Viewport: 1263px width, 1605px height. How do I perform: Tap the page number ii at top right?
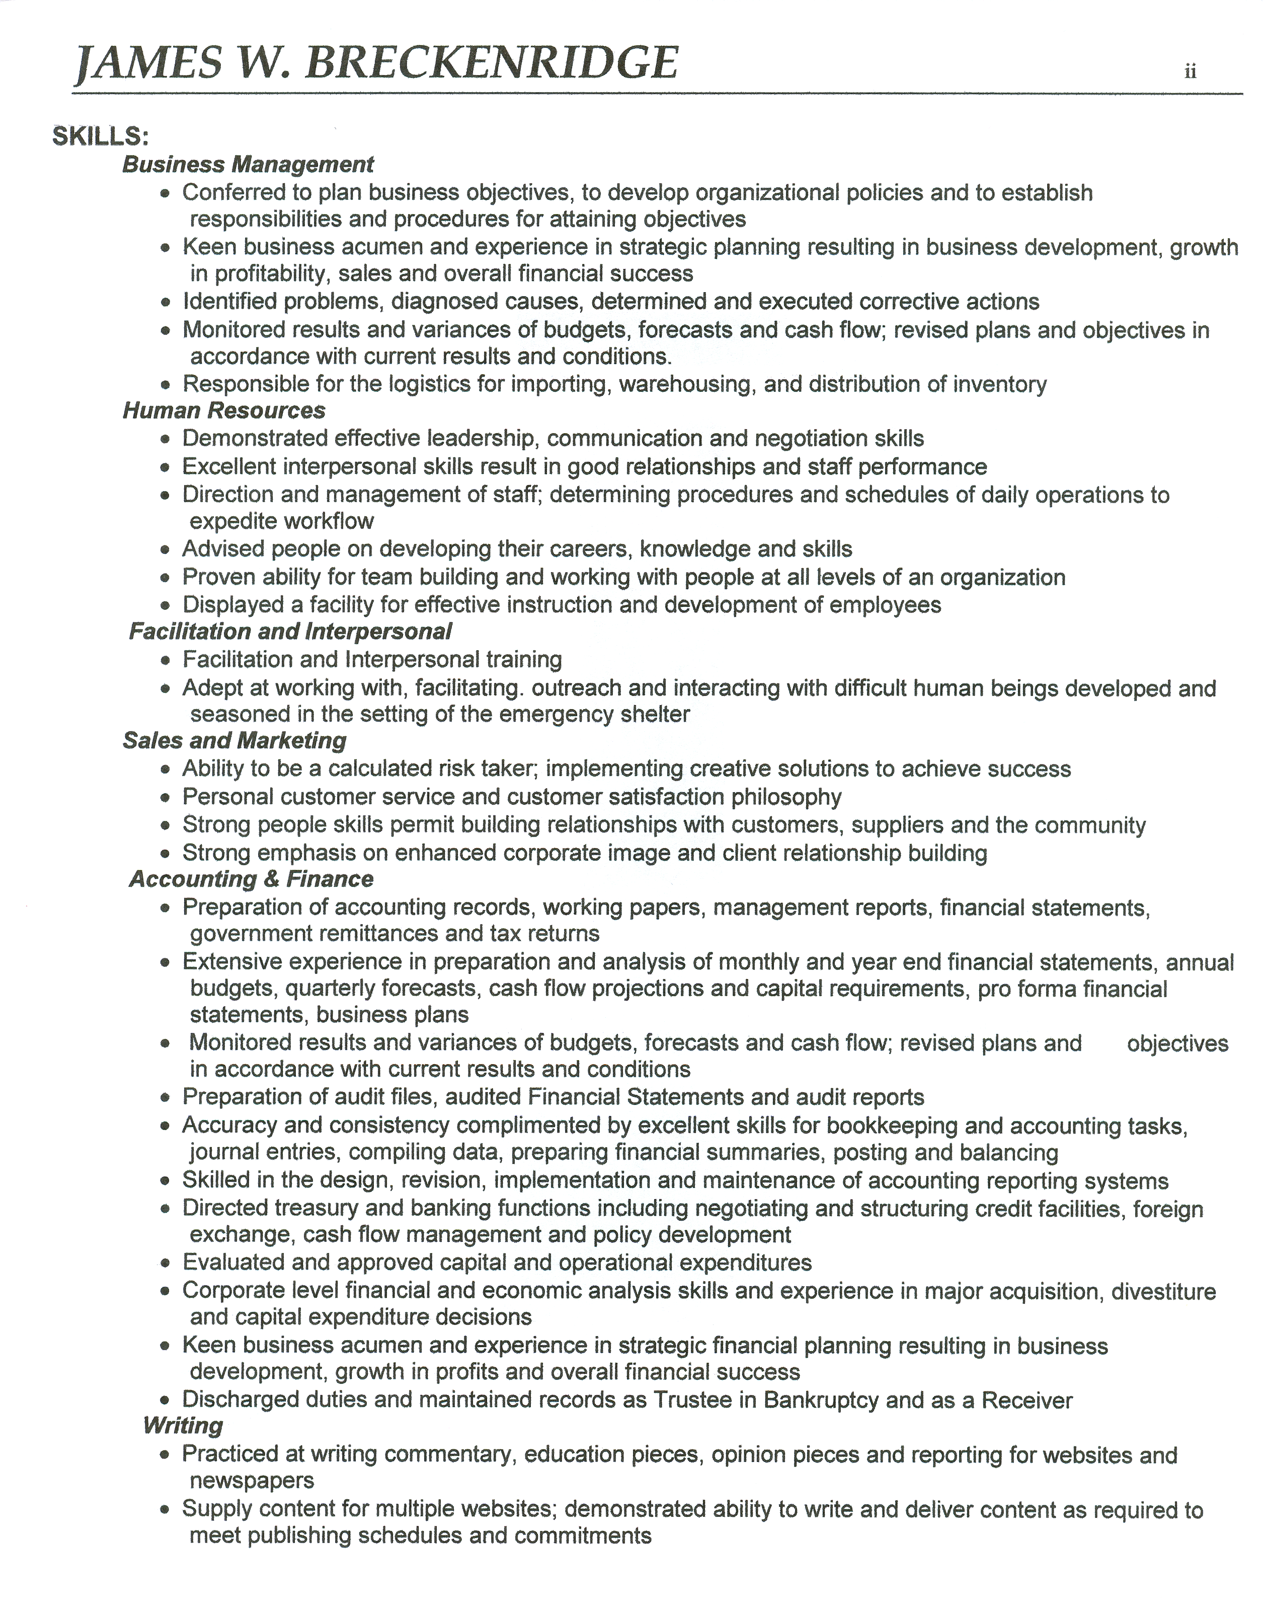pyautogui.click(x=1191, y=72)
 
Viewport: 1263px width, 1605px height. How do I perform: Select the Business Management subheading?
pyautogui.click(x=248, y=164)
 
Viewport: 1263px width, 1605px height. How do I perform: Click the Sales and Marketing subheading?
pyautogui.click(x=234, y=741)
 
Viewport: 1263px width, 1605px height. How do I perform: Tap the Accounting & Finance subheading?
pyautogui.click(x=252, y=879)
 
